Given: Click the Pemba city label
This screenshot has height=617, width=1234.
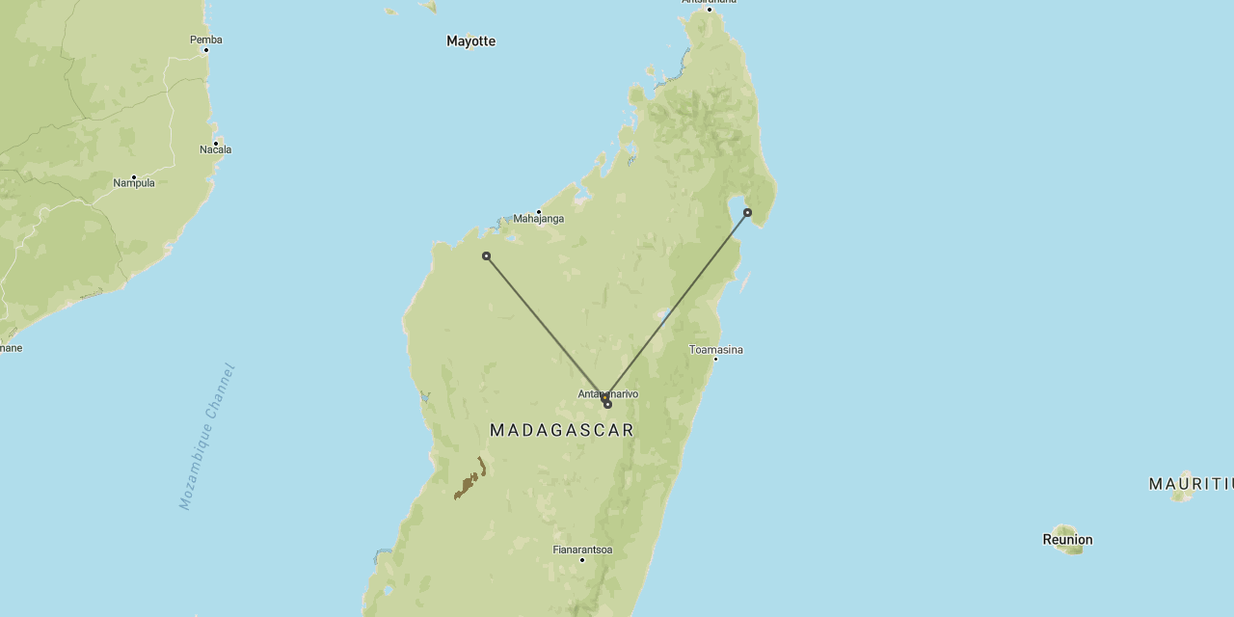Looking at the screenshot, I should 206,40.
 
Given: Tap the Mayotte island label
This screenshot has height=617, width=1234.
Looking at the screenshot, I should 470,41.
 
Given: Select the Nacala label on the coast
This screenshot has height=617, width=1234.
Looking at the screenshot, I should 215,149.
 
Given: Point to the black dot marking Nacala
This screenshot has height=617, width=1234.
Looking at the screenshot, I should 216,142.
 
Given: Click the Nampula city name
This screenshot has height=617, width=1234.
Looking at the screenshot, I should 134,183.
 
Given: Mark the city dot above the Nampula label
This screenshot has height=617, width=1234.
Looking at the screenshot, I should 134,175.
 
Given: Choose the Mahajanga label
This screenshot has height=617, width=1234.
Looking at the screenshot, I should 538,219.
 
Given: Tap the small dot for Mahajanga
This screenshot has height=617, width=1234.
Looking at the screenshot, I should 539,211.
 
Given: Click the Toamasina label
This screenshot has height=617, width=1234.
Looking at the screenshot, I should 715,350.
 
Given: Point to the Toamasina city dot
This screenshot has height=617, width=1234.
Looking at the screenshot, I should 715,359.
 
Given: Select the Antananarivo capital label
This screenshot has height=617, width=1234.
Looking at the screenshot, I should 607,393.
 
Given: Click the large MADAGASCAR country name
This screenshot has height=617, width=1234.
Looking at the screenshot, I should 562,430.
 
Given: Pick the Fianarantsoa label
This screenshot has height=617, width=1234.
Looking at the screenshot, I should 582,550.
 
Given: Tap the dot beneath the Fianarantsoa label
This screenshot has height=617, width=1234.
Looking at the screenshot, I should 582,559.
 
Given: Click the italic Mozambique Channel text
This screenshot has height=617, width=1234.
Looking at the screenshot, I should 207,436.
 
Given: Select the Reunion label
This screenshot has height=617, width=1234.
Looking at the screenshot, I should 1067,540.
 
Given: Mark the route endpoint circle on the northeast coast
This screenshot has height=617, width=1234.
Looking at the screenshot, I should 747,212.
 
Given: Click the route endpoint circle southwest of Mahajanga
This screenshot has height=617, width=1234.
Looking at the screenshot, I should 486,255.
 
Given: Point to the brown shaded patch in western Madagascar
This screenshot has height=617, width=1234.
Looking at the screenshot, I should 469,482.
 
